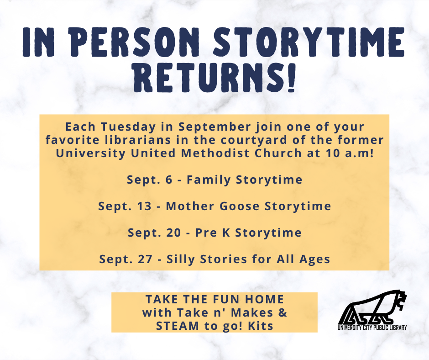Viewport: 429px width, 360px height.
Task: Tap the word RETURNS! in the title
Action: click(x=214, y=77)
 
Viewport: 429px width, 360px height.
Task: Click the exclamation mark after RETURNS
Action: click(x=291, y=78)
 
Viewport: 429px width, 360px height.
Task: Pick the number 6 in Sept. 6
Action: click(x=169, y=180)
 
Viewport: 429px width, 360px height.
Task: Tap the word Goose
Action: click(x=240, y=206)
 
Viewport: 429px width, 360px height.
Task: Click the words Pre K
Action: click(x=213, y=233)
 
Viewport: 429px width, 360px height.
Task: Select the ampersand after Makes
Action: click(x=283, y=312)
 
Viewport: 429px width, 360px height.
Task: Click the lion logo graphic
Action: click(x=372, y=307)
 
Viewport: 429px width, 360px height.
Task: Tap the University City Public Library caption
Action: click(x=372, y=328)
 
